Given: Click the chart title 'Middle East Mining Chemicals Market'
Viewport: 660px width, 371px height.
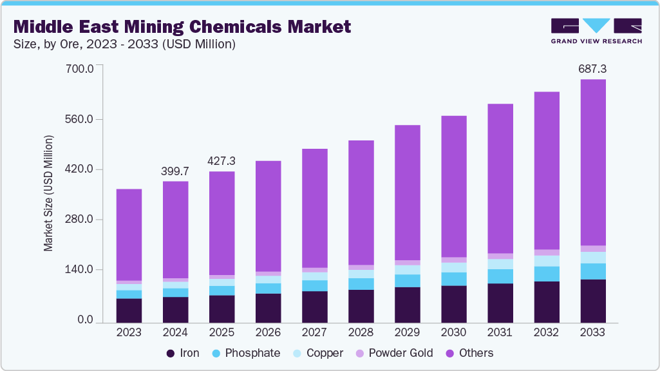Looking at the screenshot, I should point(182,26).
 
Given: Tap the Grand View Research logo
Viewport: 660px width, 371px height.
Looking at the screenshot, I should point(596,31).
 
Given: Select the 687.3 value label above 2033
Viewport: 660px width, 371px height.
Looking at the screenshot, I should point(592,68).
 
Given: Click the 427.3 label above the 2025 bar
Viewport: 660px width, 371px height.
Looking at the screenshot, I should point(222,161).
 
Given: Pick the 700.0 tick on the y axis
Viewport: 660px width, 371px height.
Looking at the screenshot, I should point(81,68).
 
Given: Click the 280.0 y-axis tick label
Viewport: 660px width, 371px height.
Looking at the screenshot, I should point(81,220).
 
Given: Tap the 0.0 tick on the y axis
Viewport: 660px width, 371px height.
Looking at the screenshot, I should point(86,321).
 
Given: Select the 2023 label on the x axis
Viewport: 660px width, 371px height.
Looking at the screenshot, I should point(129,333).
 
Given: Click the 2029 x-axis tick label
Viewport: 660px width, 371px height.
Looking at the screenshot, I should point(407,333).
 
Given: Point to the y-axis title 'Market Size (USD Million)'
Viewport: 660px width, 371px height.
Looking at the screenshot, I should point(48,193).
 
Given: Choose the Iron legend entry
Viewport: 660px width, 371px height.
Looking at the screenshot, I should point(183,353).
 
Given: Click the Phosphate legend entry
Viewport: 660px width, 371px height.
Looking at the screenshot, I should point(247,353).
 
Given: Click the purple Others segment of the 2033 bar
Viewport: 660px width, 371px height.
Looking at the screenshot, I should point(592,161).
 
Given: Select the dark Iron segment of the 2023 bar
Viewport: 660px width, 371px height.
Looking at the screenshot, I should point(129,310).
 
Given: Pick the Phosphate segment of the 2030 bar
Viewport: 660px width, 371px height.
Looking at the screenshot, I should point(453,279).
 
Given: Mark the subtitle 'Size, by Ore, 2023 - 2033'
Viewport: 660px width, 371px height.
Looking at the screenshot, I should point(124,44).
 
